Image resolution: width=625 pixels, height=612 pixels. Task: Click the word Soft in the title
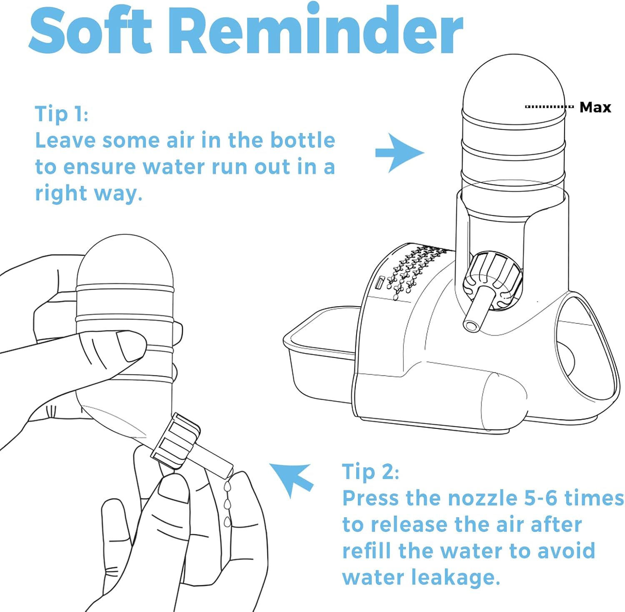tap(90, 30)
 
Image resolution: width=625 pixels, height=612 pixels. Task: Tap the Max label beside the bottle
tap(595, 107)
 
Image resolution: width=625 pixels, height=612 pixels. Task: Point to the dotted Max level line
tap(549, 107)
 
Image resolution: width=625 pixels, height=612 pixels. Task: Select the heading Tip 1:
tap(62, 114)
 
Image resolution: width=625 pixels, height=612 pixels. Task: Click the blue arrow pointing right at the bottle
tap(400, 153)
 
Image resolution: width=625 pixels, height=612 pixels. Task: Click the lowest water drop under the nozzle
tap(227, 521)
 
